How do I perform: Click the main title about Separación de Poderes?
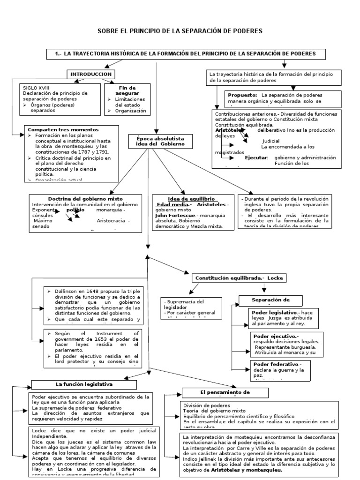tap(180, 31)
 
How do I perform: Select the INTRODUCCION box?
tap(91, 75)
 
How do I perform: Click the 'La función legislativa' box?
tap(84, 384)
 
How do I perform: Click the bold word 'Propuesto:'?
tap(242, 95)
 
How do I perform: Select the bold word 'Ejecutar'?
tap(256, 157)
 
